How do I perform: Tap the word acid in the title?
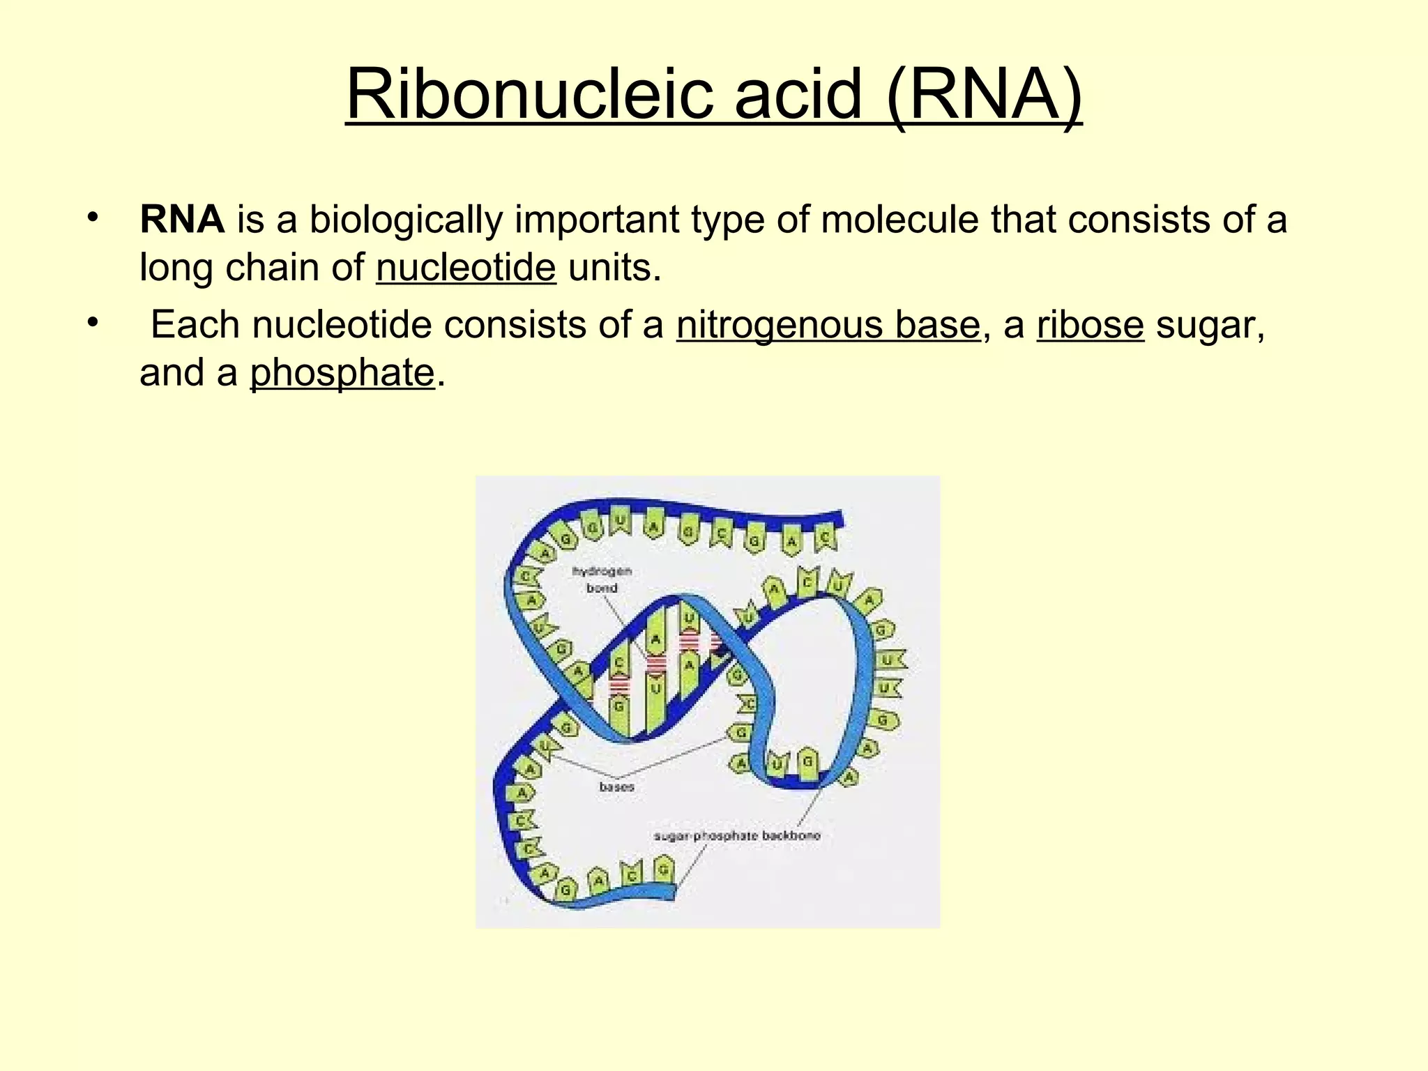coord(798,94)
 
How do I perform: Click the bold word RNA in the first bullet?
coord(182,220)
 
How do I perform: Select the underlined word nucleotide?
coord(466,268)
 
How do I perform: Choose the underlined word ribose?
coord(1090,325)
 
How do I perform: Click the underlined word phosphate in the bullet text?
coord(342,373)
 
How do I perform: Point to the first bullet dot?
coord(93,217)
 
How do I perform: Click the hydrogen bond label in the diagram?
coord(602,579)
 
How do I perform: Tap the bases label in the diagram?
coord(616,787)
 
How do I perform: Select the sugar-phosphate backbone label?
coord(736,835)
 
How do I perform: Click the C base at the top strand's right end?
coord(825,538)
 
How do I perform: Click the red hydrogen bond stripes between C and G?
coord(618,686)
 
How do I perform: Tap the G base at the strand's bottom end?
coord(663,870)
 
